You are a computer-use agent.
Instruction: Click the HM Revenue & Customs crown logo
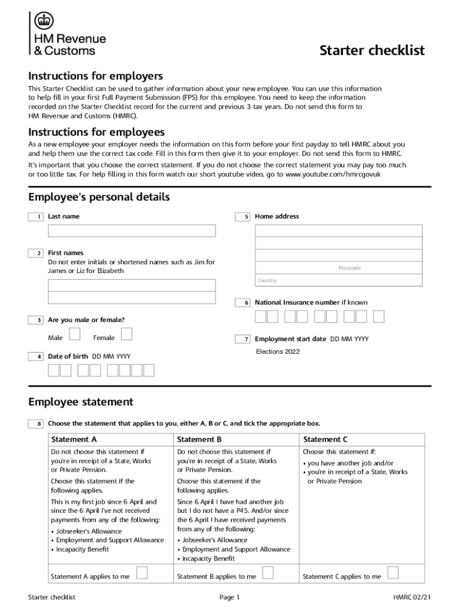[x=43, y=21]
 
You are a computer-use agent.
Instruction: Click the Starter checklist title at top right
[x=372, y=50]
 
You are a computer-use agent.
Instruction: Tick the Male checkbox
[x=75, y=333]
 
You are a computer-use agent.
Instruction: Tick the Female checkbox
[x=126, y=333]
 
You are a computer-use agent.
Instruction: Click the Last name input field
[x=131, y=231]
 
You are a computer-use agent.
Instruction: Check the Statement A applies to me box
[x=142, y=573]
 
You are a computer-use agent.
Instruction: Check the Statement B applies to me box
[x=268, y=573]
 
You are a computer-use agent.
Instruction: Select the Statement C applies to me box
[x=393, y=573]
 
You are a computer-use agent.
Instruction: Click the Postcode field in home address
[x=339, y=268]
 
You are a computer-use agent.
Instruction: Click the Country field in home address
[x=339, y=280]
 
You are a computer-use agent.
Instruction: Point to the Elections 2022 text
[x=278, y=351]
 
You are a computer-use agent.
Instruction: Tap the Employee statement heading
[x=81, y=402]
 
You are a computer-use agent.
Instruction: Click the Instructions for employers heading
[x=96, y=76]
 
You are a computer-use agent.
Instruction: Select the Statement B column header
[x=200, y=440]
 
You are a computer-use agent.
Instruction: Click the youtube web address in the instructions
[x=333, y=174]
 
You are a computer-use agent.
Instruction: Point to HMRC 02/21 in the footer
[x=412, y=597]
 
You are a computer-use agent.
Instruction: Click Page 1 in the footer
[x=229, y=597]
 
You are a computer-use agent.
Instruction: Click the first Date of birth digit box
[x=54, y=371]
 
